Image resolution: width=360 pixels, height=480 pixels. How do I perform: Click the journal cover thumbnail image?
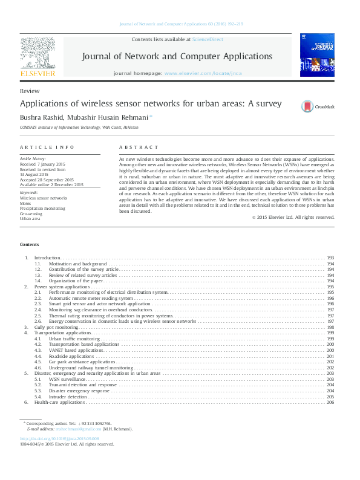click(x=316, y=54)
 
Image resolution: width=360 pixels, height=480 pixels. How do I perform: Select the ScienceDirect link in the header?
click(x=208, y=39)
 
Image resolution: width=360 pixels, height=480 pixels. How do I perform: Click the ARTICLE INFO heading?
click(x=47, y=148)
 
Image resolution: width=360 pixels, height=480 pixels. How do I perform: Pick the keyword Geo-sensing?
click(x=31, y=213)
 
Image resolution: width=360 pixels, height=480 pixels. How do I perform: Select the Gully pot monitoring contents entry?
click(x=56, y=327)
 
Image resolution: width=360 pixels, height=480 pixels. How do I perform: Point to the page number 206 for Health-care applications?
click(x=330, y=402)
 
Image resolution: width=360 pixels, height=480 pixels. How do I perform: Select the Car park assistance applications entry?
click(x=82, y=362)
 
